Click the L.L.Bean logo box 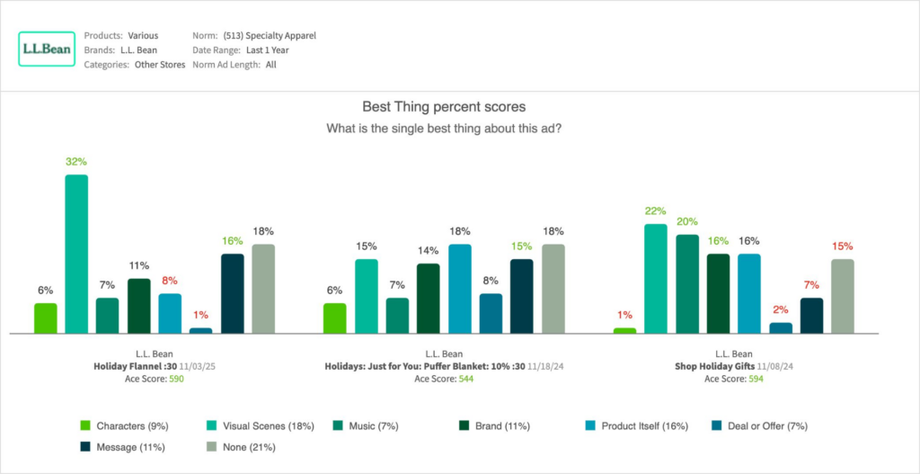tap(46, 49)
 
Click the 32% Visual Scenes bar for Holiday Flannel tap(76, 254)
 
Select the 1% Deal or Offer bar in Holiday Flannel tap(200, 330)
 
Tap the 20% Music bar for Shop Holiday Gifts tap(687, 283)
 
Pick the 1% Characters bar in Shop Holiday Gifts tap(624, 330)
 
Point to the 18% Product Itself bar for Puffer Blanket tap(459, 288)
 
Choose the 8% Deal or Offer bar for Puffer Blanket tap(491, 313)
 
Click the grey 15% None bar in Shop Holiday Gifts tap(842, 296)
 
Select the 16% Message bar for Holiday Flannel tap(232, 293)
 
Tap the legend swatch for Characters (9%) tap(85, 425)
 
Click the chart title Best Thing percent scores tap(443, 106)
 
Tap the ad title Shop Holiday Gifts tap(715, 367)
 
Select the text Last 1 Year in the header tap(271, 50)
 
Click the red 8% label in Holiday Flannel tap(169, 280)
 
